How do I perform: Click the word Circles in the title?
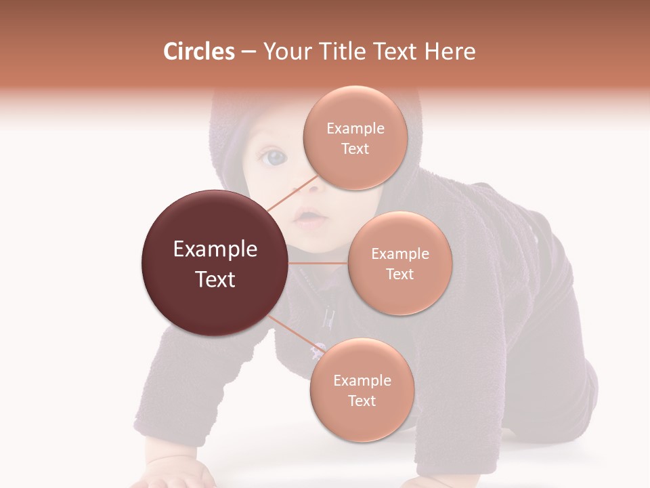tap(198, 52)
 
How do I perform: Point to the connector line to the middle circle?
tap(318, 263)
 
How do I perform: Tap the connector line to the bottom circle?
tap(295, 335)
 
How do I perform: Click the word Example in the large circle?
tap(215, 249)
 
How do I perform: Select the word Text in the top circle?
tap(355, 148)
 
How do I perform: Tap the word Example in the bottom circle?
tap(362, 380)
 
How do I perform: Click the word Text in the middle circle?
tap(399, 274)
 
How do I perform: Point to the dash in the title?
tap(248, 52)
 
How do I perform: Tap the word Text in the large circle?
tap(215, 279)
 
